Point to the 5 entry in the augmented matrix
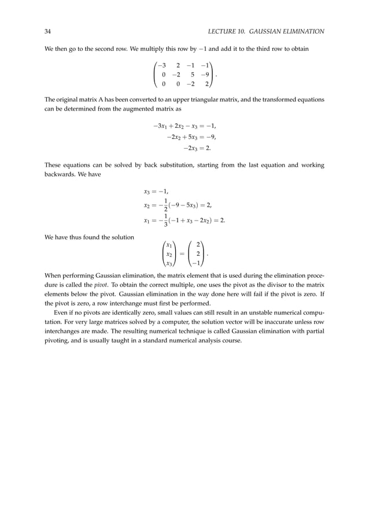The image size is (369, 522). (191, 74)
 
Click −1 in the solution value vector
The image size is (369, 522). (197, 263)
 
